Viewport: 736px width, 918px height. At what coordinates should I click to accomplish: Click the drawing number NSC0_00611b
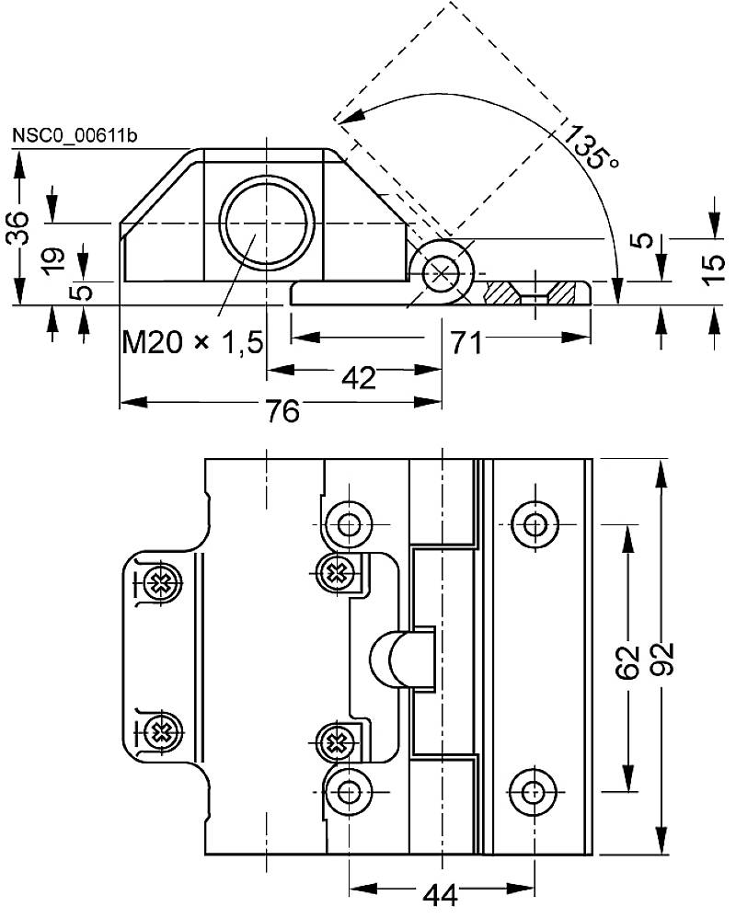click(75, 136)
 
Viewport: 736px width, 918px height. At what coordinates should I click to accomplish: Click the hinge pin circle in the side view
click(443, 273)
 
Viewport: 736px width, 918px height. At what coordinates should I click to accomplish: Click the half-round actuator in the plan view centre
click(397, 659)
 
